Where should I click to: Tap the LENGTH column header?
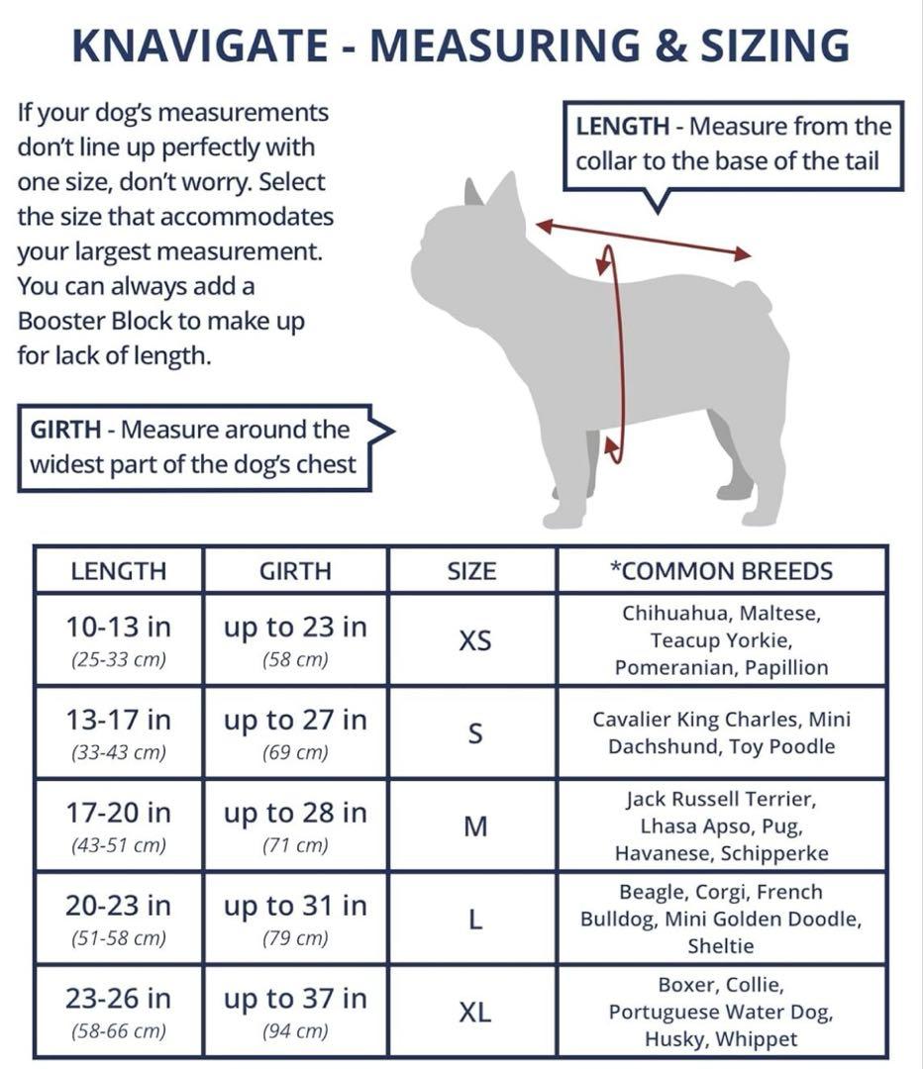tap(119, 571)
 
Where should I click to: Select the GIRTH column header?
tap(295, 571)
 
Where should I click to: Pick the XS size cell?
tap(474, 640)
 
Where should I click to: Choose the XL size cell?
tap(474, 1013)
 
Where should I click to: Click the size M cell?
tap(474, 826)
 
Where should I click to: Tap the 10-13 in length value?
tap(119, 627)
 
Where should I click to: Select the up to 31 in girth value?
tap(295, 906)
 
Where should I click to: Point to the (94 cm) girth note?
tap(295, 1031)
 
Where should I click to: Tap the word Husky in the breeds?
tap(672, 1039)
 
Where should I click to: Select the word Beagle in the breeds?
tap(654, 892)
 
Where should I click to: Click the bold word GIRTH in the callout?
tap(66, 430)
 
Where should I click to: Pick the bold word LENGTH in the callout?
tap(623, 127)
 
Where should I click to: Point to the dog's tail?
tap(754, 294)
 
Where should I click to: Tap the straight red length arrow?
tap(644, 241)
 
